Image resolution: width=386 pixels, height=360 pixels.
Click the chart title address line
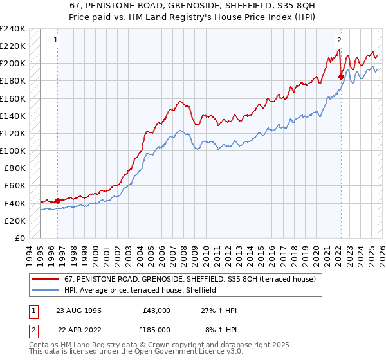193,6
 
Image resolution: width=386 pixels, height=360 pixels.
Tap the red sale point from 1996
57,200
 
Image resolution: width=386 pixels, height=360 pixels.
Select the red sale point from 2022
340,76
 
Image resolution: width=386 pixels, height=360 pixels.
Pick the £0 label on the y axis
20,238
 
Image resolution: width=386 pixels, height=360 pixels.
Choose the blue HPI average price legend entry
140,291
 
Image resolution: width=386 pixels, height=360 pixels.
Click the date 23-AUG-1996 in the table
78,310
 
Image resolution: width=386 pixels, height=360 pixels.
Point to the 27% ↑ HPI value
219,310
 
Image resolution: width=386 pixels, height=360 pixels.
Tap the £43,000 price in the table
156,310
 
